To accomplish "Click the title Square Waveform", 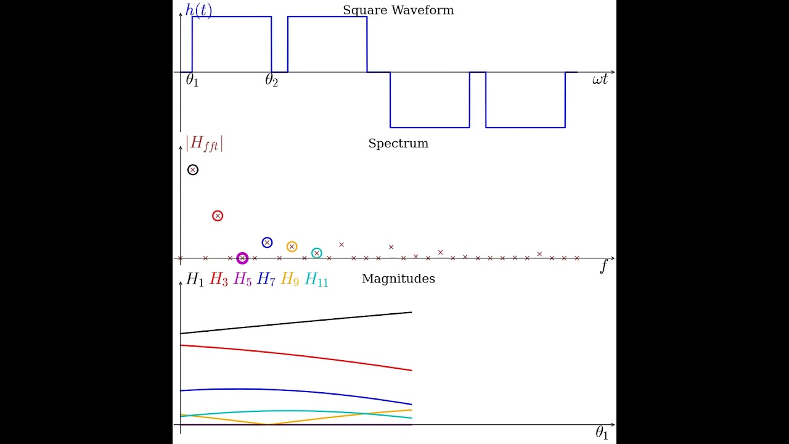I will [398, 10].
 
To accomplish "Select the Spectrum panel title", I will [398, 144].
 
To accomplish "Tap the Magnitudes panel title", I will [398, 279].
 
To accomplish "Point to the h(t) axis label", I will [198, 10].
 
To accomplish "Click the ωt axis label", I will [600, 80].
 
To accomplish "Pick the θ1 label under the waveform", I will [192, 80].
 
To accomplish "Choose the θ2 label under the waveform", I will [271, 80].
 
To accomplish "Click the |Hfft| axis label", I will [204, 143].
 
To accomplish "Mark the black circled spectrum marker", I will [193, 170].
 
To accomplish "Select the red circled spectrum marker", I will [218, 216].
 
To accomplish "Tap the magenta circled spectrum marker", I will [242, 258].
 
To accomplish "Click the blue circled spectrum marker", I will [267, 243].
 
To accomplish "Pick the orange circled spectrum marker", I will [292, 247].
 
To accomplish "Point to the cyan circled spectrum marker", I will [317, 253].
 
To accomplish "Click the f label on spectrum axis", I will [603, 267].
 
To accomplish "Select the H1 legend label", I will [195, 279].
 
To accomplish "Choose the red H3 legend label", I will [219, 279].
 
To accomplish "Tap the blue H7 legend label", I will [266, 279].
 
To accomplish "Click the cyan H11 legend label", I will [316, 279].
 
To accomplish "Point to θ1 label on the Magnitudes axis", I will [602, 434].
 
